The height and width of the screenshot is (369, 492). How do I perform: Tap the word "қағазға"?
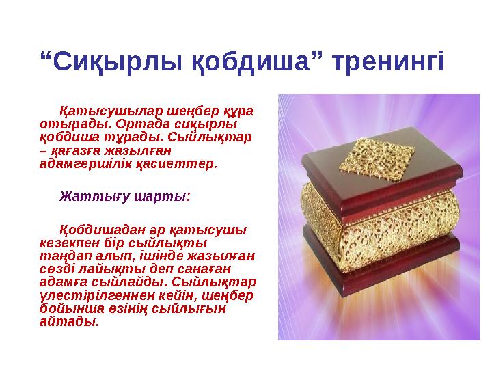pyautogui.click(x=75, y=150)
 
